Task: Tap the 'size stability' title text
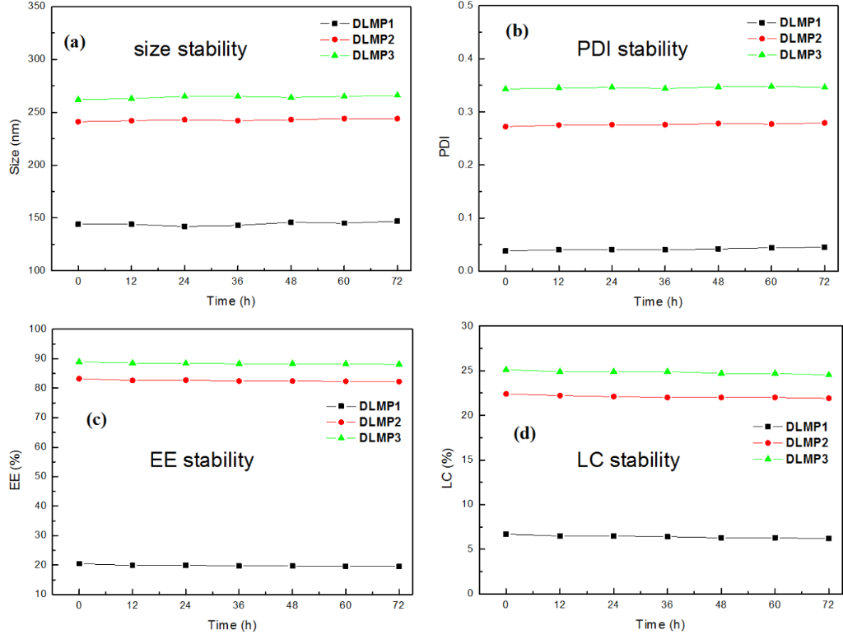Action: [190, 49]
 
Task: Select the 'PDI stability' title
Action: [632, 49]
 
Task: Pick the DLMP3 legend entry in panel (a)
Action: [377, 54]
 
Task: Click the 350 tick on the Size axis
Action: [36, 7]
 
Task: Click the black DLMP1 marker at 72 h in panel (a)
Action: [397, 221]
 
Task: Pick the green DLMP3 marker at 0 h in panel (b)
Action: [505, 89]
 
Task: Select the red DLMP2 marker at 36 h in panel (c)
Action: [239, 381]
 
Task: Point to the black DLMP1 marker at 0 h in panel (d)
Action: [505, 534]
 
